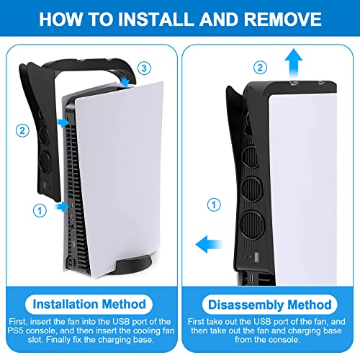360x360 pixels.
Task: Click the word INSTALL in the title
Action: point(156,19)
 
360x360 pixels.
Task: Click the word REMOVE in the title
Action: point(283,19)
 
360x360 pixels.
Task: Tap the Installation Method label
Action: point(89,305)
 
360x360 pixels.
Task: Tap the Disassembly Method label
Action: point(270,305)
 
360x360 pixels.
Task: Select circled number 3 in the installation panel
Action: point(144,68)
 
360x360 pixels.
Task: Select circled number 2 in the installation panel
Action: point(22,130)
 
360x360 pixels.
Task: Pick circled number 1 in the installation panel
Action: point(40,211)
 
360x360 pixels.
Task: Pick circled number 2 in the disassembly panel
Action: point(260,68)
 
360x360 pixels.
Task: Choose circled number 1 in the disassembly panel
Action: point(214,204)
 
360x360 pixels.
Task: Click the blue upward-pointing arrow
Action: point(294,63)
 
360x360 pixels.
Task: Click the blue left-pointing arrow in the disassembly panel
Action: point(209,244)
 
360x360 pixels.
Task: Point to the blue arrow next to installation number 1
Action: point(62,207)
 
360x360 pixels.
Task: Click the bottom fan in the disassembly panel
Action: point(252,225)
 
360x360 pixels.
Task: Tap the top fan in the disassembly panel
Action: point(251,157)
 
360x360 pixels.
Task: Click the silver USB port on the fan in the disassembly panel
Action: point(256,257)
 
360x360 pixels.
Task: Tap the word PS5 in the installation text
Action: point(16,330)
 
